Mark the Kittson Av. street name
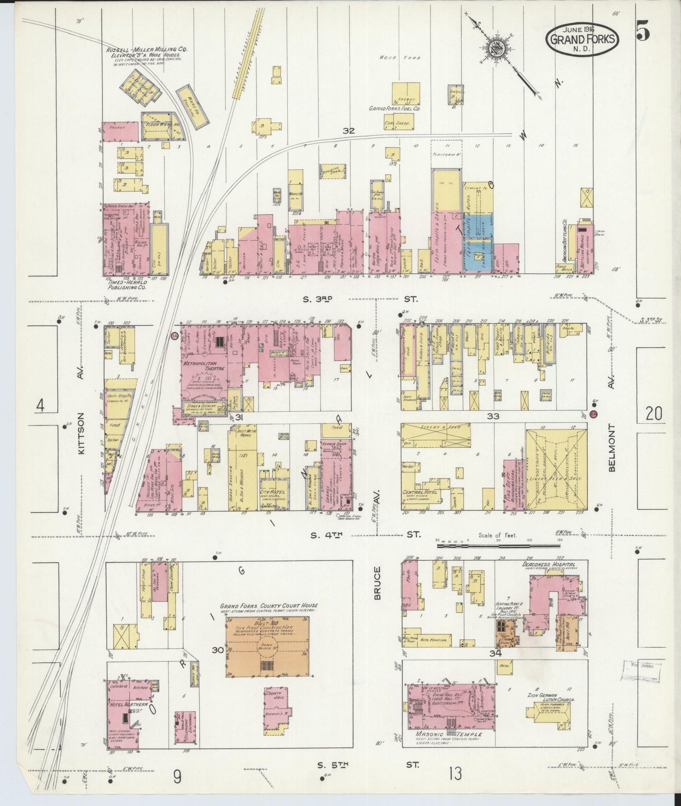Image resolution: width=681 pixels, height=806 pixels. click(82, 434)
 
